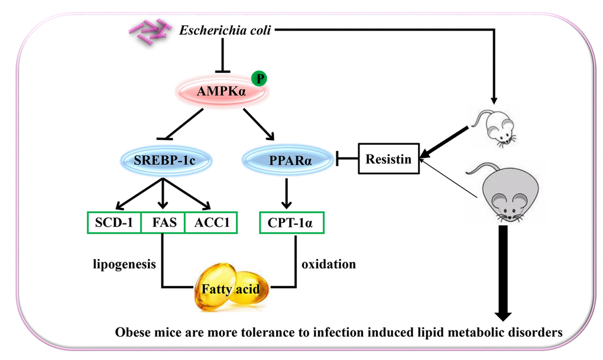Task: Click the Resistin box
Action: tap(388, 158)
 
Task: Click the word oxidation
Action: tap(329, 264)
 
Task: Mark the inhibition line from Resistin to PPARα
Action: tap(348, 158)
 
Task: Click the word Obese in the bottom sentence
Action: tap(134, 332)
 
